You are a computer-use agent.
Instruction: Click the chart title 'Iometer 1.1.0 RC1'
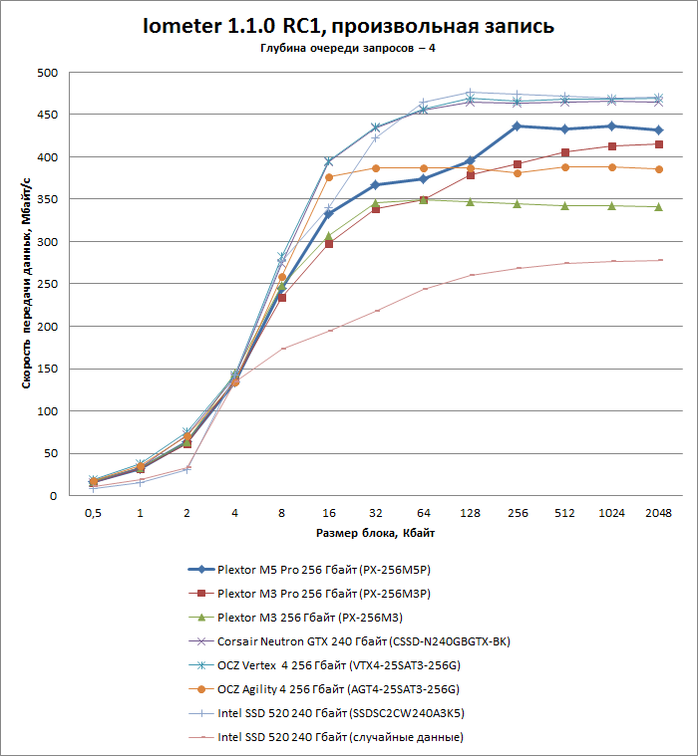[x=349, y=25]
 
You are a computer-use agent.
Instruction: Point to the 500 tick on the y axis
[x=47, y=73]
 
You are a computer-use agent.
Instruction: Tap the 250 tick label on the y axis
[x=47, y=284]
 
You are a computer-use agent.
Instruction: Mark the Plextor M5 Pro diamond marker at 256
[x=517, y=126]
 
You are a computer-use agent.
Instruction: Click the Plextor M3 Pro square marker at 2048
[x=659, y=144]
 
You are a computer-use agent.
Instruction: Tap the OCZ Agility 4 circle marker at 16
[x=328, y=177]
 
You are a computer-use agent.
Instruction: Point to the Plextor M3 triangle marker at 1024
[x=611, y=205]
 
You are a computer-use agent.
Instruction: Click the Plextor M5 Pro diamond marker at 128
[x=470, y=160]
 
